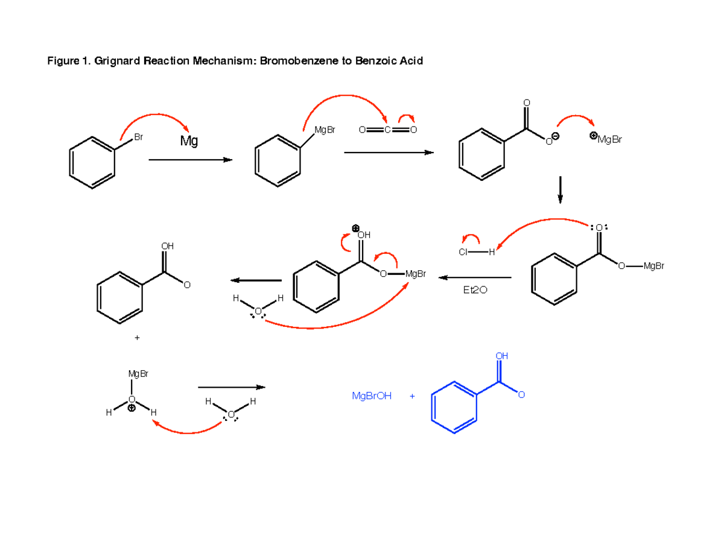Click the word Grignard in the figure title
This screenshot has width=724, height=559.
pos(117,62)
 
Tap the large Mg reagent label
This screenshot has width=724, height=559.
pos(189,141)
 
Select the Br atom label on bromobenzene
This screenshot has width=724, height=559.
pos(139,137)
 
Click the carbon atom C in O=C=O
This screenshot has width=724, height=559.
pos(387,130)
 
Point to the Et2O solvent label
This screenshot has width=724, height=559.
pos(475,290)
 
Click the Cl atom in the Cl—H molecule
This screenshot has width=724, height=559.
pos(463,252)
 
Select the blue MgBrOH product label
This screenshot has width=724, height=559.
pos(372,396)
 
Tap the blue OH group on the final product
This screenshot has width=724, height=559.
pos(502,356)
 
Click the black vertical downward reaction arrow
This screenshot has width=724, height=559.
pos(560,190)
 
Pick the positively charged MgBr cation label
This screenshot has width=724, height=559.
pos(606,139)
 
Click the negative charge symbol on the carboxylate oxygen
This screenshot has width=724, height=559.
pos(556,136)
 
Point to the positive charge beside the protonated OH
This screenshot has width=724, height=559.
pos(355,229)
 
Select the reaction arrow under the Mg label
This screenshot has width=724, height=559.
pos(190,160)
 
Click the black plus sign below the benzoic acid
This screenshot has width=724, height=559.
pos(137,338)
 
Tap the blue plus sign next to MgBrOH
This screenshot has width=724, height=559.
pos(412,396)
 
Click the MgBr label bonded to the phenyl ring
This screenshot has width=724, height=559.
pos(325,130)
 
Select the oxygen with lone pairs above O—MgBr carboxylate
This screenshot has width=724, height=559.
pos(599,228)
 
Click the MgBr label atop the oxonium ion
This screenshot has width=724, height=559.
pos(138,374)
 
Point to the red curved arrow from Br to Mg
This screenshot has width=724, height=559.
pos(155,115)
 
